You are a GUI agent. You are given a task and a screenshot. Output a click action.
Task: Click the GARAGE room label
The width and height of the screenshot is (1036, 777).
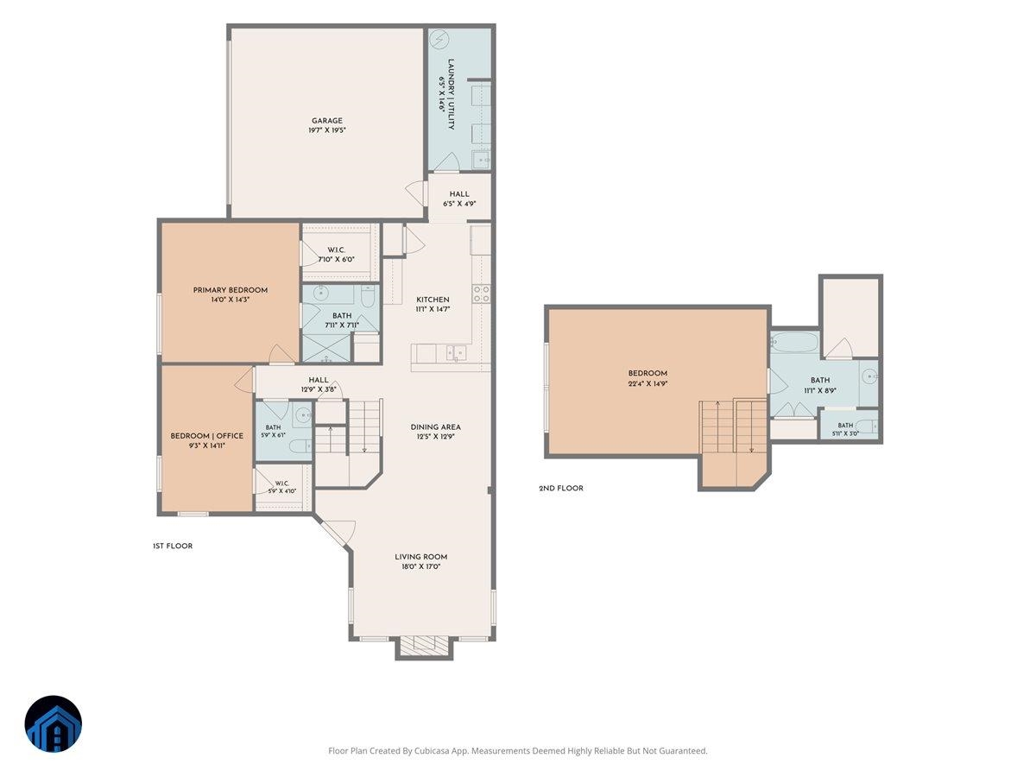coord(326,121)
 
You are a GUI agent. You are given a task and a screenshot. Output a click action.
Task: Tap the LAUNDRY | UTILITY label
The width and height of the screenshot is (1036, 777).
coord(451,94)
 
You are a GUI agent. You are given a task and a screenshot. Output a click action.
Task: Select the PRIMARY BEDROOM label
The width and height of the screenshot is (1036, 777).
coord(231,290)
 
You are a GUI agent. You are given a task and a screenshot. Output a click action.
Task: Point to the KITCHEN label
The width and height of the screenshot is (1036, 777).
coord(433,300)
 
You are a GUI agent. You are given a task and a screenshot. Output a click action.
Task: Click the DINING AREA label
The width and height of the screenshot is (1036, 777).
coord(436,427)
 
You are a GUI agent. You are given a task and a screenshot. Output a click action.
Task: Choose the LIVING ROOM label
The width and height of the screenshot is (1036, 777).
coord(421,557)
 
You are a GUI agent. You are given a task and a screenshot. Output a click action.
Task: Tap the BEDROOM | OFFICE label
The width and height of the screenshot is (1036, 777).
coord(206,436)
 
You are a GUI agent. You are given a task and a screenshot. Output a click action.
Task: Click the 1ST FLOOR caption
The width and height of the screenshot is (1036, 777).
coord(173,546)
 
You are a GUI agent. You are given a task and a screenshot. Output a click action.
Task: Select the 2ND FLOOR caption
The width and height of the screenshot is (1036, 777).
coord(561,489)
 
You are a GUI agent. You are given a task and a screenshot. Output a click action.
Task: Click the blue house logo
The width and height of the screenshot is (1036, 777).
coord(54,723)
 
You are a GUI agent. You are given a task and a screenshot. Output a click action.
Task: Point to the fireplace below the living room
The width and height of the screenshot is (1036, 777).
coord(424,647)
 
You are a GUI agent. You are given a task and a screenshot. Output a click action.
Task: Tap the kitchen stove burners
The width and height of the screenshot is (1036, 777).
coord(482,294)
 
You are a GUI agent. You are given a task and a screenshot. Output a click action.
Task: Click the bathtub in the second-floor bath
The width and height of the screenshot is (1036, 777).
coord(795,342)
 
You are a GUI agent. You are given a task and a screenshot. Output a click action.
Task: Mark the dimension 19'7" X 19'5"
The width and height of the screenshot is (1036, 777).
coord(327,130)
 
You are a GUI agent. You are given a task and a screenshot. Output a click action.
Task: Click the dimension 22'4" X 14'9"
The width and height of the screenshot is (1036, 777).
coord(647,383)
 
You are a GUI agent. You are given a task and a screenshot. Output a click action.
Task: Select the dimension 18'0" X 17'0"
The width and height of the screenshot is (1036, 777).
coord(421,566)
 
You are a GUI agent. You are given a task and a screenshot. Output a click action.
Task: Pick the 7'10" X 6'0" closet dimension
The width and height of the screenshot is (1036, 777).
coord(336,260)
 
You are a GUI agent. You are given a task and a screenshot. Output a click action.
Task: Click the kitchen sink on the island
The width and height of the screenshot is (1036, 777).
coord(457,352)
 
